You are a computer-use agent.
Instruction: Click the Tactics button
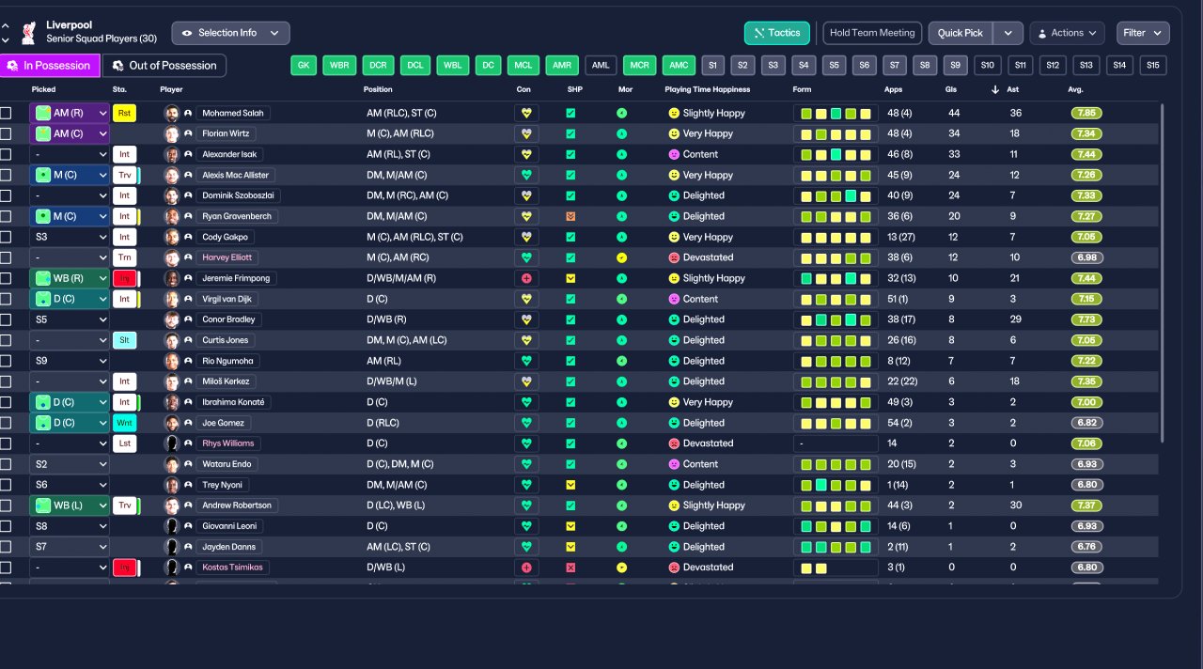click(776, 33)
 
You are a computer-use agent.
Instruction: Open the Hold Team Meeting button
click(872, 33)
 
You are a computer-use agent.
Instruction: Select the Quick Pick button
click(960, 33)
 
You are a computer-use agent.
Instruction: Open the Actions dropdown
click(1067, 33)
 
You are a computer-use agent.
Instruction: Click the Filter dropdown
click(1143, 33)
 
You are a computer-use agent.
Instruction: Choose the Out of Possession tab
click(164, 66)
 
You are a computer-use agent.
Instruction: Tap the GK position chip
click(303, 66)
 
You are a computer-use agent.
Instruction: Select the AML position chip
click(601, 66)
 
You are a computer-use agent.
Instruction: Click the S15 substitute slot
click(1153, 66)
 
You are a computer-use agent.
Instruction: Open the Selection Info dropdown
click(230, 33)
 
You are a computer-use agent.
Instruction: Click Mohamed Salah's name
click(233, 113)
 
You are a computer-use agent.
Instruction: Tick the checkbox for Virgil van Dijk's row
click(6, 299)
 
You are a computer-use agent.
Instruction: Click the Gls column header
click(951, 89)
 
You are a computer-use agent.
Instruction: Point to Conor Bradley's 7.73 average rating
click(1086, 319)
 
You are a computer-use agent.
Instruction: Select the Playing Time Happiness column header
click(707, 89)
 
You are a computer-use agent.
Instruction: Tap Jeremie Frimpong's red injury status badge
click(124, 278)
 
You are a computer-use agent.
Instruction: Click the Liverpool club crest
click(28, 32)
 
